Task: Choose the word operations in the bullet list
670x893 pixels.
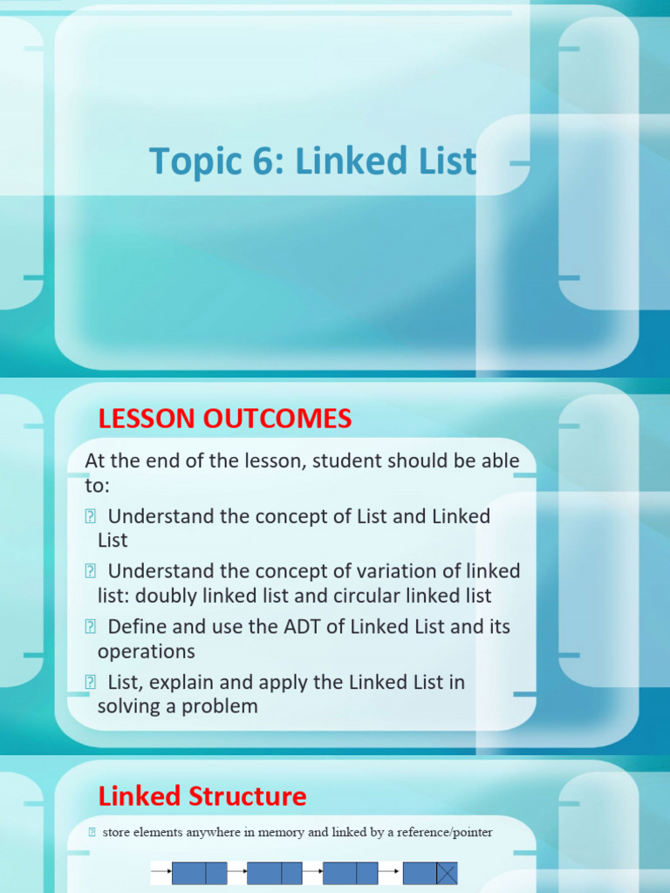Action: tap(147, 652)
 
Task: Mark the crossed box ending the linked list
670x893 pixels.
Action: tap(447, 874)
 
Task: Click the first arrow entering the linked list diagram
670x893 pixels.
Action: tap(161, 871)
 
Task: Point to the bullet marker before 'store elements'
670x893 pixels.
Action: tap(92, 833)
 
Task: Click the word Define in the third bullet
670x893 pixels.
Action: tap(137, 627)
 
